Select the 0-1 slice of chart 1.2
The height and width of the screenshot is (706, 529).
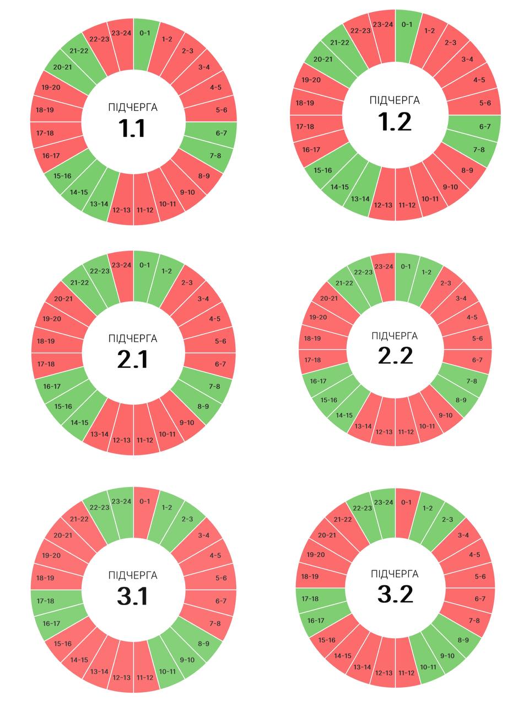407,25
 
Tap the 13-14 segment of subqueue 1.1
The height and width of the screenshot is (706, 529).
100,204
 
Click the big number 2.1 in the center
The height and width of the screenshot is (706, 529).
133,360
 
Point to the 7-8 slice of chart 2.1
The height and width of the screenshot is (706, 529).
214,386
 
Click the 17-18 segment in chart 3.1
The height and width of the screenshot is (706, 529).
45,601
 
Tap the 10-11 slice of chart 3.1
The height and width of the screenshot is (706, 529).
167,671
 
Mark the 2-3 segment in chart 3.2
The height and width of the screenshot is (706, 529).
447,520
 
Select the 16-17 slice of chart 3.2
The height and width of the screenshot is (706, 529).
316,620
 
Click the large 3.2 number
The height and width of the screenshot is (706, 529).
395,595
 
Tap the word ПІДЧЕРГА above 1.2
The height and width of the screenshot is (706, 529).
395,100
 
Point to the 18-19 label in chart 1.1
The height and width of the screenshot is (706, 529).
45,110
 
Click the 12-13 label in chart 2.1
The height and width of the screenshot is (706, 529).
121,440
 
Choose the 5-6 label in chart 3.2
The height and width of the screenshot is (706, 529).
480,577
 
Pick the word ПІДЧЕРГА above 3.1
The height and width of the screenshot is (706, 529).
133,575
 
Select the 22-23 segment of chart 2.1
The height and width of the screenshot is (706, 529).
100,271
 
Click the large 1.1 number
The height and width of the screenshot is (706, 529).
132,128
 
